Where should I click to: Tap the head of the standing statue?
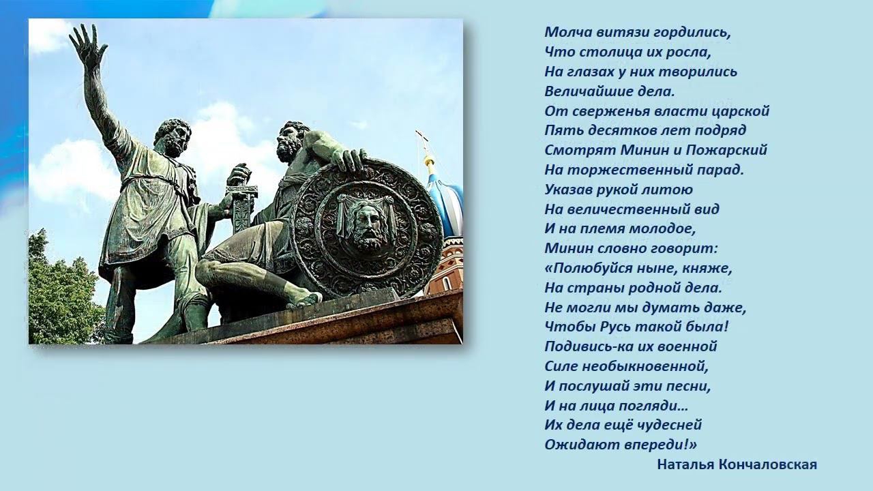[x=173, y=136]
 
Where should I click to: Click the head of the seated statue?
[x=292, y=140]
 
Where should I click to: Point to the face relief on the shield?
[x=367, y=226]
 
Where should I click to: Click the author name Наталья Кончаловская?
[x=737, y=464]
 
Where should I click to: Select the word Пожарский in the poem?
[x=733, y=150]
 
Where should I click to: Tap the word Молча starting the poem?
[x=563, y=32]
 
